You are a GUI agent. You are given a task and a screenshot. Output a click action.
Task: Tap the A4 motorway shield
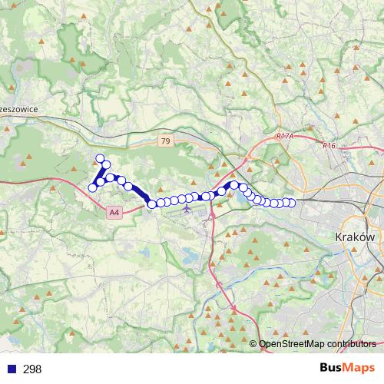114,212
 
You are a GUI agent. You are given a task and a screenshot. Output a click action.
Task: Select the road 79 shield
166,141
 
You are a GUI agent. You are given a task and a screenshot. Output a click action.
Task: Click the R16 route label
329,145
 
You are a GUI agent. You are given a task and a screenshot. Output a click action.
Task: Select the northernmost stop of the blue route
100,159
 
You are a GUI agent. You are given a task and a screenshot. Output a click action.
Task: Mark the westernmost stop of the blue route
93,187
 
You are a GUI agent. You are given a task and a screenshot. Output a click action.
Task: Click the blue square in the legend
10,369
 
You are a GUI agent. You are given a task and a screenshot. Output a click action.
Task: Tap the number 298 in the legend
32,369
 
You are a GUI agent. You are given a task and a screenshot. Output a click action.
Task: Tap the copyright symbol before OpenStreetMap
253,344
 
